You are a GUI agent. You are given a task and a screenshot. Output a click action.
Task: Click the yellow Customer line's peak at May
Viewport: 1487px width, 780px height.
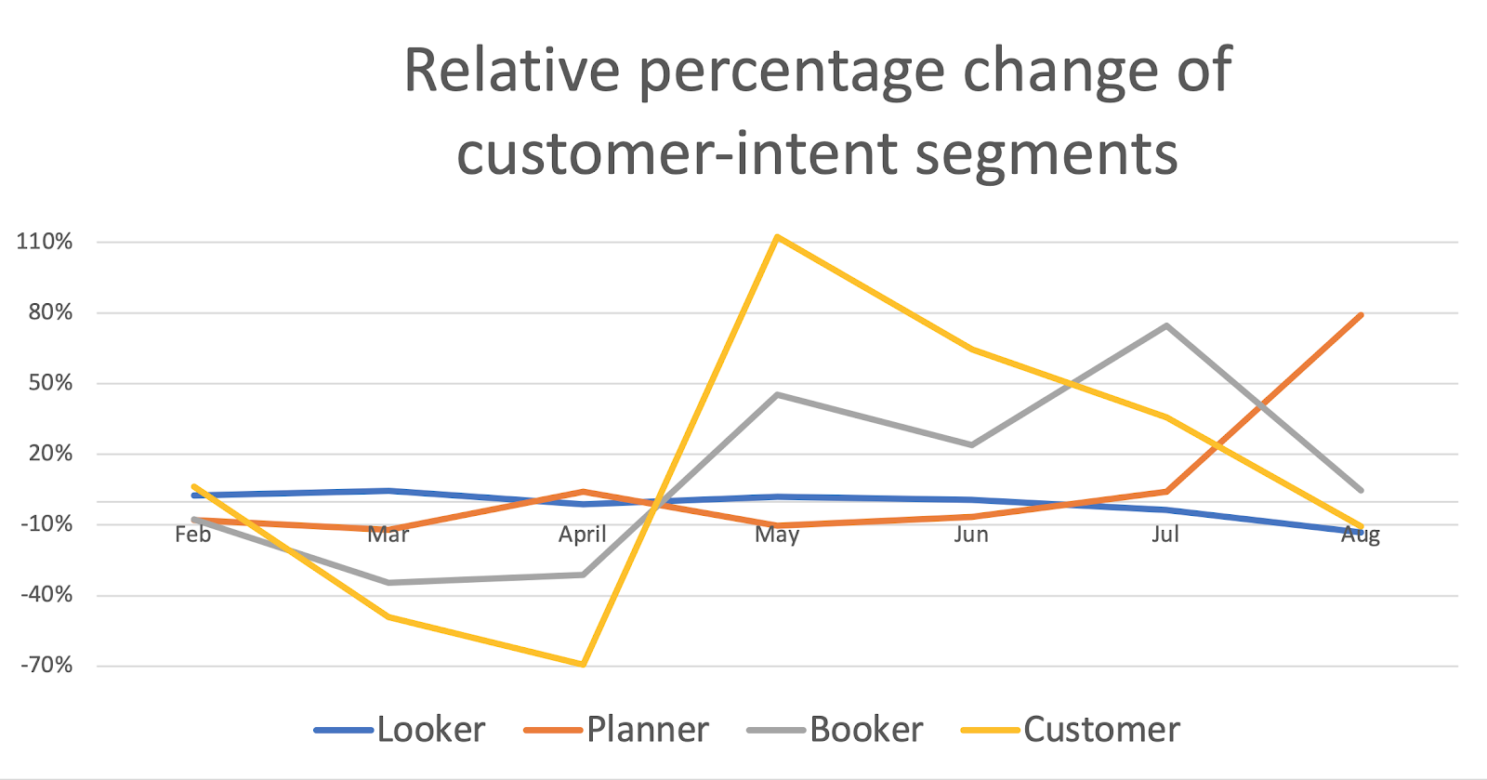[777, 237]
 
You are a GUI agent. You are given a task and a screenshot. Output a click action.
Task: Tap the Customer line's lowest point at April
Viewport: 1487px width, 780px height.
[583, 664]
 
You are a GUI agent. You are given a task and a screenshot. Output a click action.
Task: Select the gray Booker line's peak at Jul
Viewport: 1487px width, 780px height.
[1165, 325]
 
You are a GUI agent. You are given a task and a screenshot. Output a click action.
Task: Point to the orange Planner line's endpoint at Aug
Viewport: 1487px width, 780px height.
[1361, 315]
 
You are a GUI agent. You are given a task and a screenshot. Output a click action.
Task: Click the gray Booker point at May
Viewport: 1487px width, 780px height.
[777, 394]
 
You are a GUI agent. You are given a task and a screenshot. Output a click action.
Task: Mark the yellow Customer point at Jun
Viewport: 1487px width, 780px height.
[971, 350]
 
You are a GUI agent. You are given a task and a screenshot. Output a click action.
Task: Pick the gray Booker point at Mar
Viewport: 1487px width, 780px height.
[388, 583]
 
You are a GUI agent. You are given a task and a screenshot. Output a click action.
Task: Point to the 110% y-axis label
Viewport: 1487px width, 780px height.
[45, 242]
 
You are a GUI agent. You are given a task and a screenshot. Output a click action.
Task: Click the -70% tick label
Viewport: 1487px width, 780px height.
[46, 666]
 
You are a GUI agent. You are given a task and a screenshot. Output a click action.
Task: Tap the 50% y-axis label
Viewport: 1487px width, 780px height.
[50, 383]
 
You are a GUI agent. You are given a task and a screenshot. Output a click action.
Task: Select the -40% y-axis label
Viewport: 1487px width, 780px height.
[46, 595]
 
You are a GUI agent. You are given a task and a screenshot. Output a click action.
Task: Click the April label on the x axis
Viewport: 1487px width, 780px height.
[583, 535]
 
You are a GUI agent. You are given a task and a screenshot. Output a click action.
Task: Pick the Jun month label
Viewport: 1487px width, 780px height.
[971, 535]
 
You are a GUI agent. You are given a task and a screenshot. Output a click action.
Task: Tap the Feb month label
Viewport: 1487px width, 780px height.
[193, 535]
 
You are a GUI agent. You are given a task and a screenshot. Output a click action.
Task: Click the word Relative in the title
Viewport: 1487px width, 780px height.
[512, 71]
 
